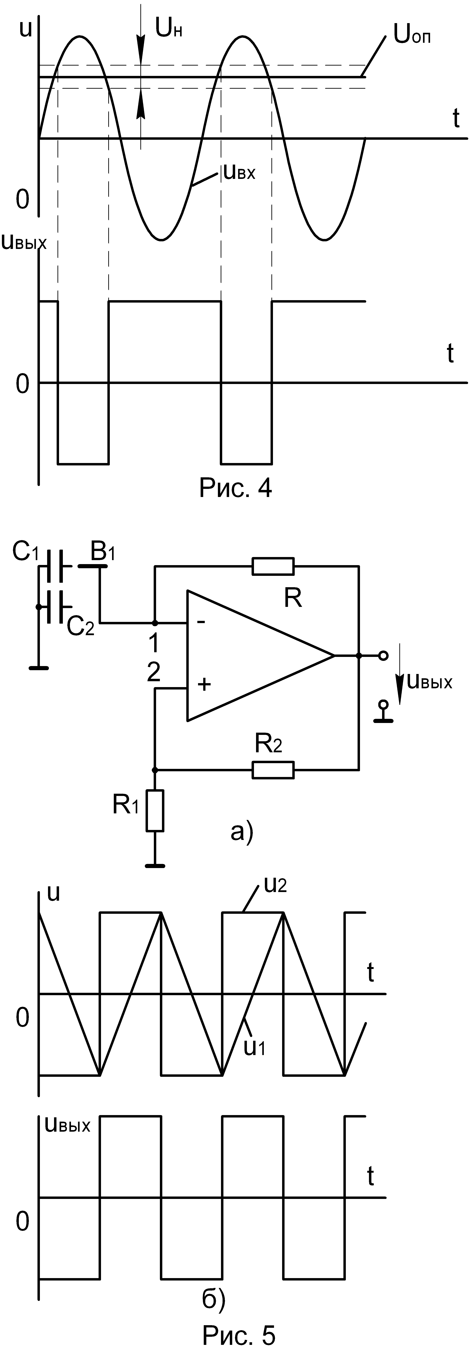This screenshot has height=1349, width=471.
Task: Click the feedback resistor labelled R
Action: point(273,566)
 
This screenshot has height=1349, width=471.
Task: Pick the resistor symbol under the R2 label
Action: point(273,770)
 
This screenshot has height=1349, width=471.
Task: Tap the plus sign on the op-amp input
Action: point(204,684)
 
